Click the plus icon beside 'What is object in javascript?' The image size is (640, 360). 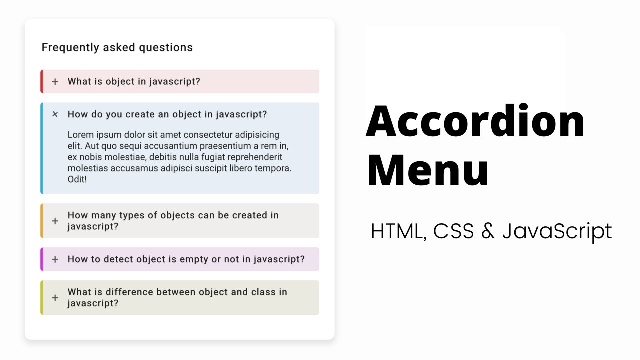pyautogui.click(x=55, y=82)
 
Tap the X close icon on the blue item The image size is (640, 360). pyautogui.click(x=55, y=114)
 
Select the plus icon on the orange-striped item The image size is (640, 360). pyautogui.click(x=55, y=221)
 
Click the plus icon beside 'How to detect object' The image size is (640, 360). pyautogui.click(x=55, y=259)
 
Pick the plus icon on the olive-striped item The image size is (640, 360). pyautogui.click(x=55, y=298)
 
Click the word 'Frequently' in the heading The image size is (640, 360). pyautogui.click(x=70, y=47)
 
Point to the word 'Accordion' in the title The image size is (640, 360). pyautogui.click(x=475, y=121)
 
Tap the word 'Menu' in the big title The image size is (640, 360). pyautogui.click(x=428, y=170)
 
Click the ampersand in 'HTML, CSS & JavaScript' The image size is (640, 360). pyautogui.click(x=488, y=231)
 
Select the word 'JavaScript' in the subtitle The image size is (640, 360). pyautogui.click(x=557, y=231)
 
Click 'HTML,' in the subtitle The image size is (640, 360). pyautogui.click(x=399, y=231)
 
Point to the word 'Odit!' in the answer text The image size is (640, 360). pyautogui.click(x=77, y=179)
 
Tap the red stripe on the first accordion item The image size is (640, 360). pyautogui.click(x=42, y=81)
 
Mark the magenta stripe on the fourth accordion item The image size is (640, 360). pyautogui.click(x=42, y=259)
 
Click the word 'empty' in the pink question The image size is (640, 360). pyautogui.click(x=194, y=259)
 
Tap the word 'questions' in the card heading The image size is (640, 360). pyautogui.click(x=166, y=48)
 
